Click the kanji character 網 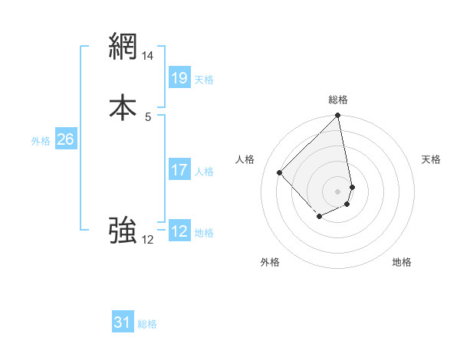point(123,47)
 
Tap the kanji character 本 point(123,107)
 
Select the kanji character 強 point(123,230)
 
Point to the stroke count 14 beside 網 point(148,56)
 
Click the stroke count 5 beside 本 point(148,116)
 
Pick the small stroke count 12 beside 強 point(148,240)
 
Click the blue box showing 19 point(179,77)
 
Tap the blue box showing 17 point(179,170)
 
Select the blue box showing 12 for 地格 point(179,231)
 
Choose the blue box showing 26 point(65,139)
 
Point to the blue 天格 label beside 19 point(204,79)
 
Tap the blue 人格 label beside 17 point(204,172)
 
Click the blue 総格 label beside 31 point(147,324)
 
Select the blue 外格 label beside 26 point(41,141)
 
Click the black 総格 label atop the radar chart point(338,100)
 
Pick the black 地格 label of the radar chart point(402,262)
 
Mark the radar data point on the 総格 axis point(338,116)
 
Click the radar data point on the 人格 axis point(280,172)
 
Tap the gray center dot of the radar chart point(338,191)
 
